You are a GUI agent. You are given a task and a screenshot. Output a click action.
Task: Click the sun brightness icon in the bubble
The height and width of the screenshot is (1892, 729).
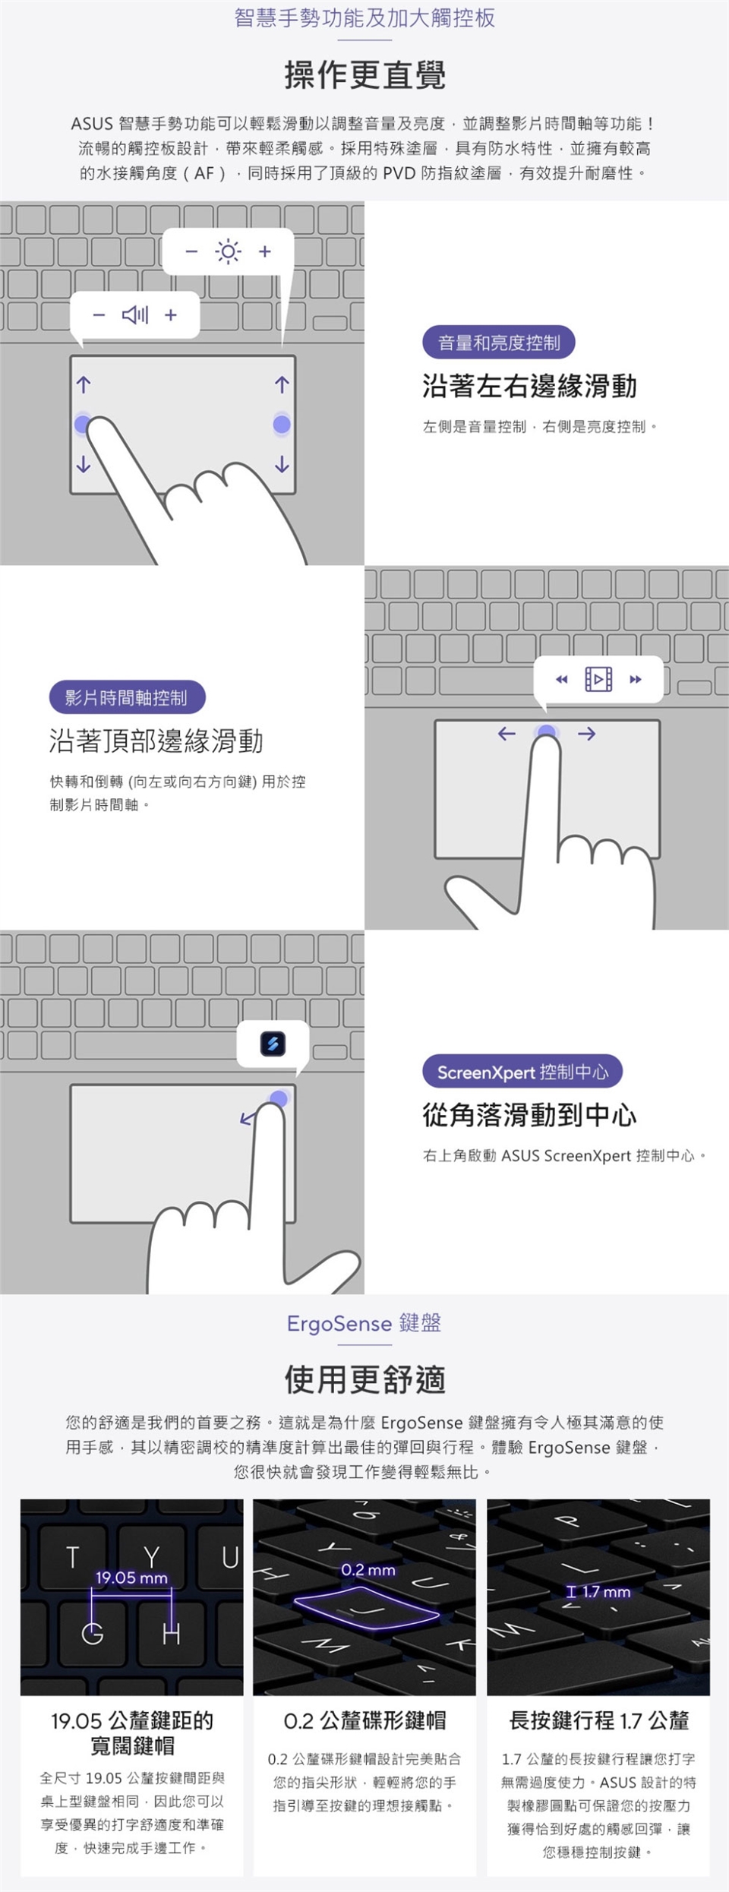tap(228, 251)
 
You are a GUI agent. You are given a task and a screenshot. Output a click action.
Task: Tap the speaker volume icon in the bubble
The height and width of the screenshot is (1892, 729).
tap(135, 314)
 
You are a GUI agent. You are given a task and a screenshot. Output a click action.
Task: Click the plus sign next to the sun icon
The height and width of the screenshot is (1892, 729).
tap(264, 251)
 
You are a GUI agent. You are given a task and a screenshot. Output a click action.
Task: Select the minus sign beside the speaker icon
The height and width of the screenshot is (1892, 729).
tap(99, 314)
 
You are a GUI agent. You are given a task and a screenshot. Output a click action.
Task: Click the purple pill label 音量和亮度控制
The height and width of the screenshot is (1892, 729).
tap(498, 343)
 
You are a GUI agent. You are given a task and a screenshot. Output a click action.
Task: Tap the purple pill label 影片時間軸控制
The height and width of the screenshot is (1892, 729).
tap(127, 697)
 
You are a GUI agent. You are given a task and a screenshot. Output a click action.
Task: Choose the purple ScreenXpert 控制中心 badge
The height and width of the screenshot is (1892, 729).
tap(522, 1072)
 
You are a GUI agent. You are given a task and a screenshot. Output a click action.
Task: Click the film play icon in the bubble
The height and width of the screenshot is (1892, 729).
tap(598, 678)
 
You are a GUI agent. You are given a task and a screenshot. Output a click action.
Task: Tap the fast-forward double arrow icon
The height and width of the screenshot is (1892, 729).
tap(636, 679)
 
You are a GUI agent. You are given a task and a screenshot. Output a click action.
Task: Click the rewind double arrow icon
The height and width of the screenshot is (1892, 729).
tap(562, 679)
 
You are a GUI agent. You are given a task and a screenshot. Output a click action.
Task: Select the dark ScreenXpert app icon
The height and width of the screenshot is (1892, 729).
tap(273, 1044)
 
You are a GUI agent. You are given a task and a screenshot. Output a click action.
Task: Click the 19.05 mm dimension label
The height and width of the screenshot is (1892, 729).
tap(131, 1578)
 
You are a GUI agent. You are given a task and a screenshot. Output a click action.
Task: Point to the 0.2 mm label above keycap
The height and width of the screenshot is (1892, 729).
tap(368, 1570)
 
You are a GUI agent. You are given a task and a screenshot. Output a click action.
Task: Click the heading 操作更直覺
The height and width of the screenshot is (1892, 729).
tap(364, 75)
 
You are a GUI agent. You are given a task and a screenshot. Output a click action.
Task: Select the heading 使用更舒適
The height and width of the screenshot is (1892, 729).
tap(364, 1379)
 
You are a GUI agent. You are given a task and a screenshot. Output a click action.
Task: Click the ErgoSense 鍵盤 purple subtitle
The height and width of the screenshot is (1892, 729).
tap(364, 1323)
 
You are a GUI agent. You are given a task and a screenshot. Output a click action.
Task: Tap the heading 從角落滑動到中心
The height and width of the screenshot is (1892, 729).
tap(530, 1115)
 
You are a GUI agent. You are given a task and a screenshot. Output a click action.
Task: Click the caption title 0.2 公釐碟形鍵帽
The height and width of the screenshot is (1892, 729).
tap(364, 1720)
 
